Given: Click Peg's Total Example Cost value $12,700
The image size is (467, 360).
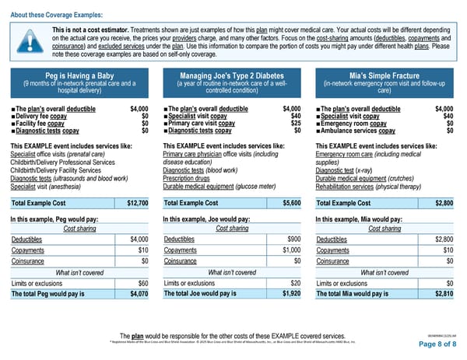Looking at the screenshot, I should (137, 203).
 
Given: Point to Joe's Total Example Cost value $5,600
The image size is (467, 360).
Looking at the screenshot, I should (291, 203).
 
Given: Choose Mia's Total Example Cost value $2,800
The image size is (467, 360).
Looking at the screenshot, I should (444, 203).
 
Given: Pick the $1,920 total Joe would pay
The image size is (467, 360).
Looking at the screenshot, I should (292, 294).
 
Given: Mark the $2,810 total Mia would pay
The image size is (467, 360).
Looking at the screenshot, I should (444, 294).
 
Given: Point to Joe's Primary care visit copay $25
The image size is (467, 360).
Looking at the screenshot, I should (296, 123).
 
